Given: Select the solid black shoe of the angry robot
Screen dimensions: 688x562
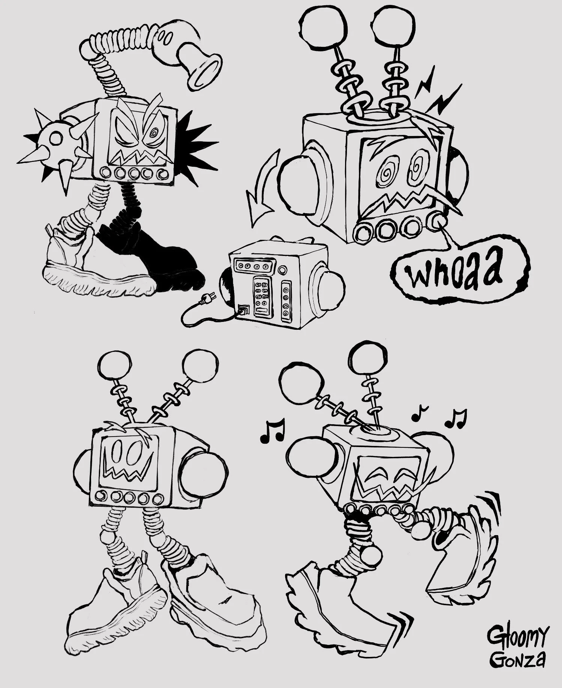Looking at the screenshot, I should coord(157,259).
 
